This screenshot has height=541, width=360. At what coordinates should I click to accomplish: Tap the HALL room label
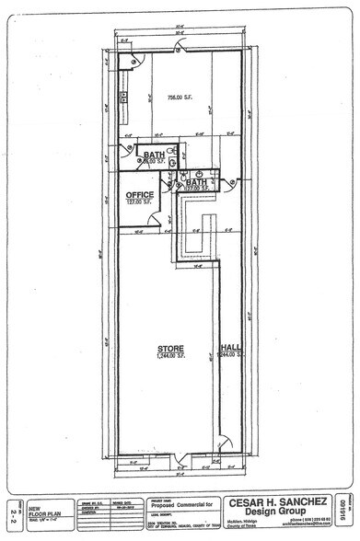229,348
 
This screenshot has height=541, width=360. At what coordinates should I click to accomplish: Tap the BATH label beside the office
196,182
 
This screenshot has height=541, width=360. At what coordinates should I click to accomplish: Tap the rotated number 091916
342,509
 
